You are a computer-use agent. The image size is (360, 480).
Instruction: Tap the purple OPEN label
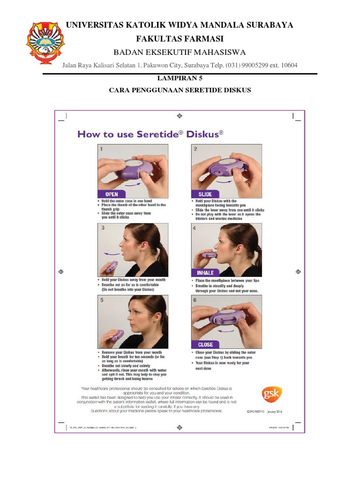click(112, 194)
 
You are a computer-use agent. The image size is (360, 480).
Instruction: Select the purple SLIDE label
click(205, 194)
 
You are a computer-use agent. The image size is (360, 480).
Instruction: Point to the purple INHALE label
click(205, 272)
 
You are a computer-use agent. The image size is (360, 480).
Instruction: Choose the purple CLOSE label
click(205, 345)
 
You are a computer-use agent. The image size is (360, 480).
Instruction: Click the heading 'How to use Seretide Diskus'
click(150, 135)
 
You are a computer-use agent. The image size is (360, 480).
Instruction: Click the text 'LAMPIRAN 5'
click(180, 79)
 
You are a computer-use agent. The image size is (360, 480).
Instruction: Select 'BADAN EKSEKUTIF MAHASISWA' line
click(180, 52)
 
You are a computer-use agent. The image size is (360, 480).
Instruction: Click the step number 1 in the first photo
click(101, 149)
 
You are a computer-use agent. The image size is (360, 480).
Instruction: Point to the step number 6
click(195, 300)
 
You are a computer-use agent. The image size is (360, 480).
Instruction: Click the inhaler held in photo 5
click(116, 335)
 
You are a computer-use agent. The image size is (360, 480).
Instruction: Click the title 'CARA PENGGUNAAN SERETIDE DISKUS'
click(180, 90)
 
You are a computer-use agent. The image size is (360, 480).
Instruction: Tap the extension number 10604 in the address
click(287, 66)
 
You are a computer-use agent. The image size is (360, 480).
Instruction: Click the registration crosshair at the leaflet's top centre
click(180, 115)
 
